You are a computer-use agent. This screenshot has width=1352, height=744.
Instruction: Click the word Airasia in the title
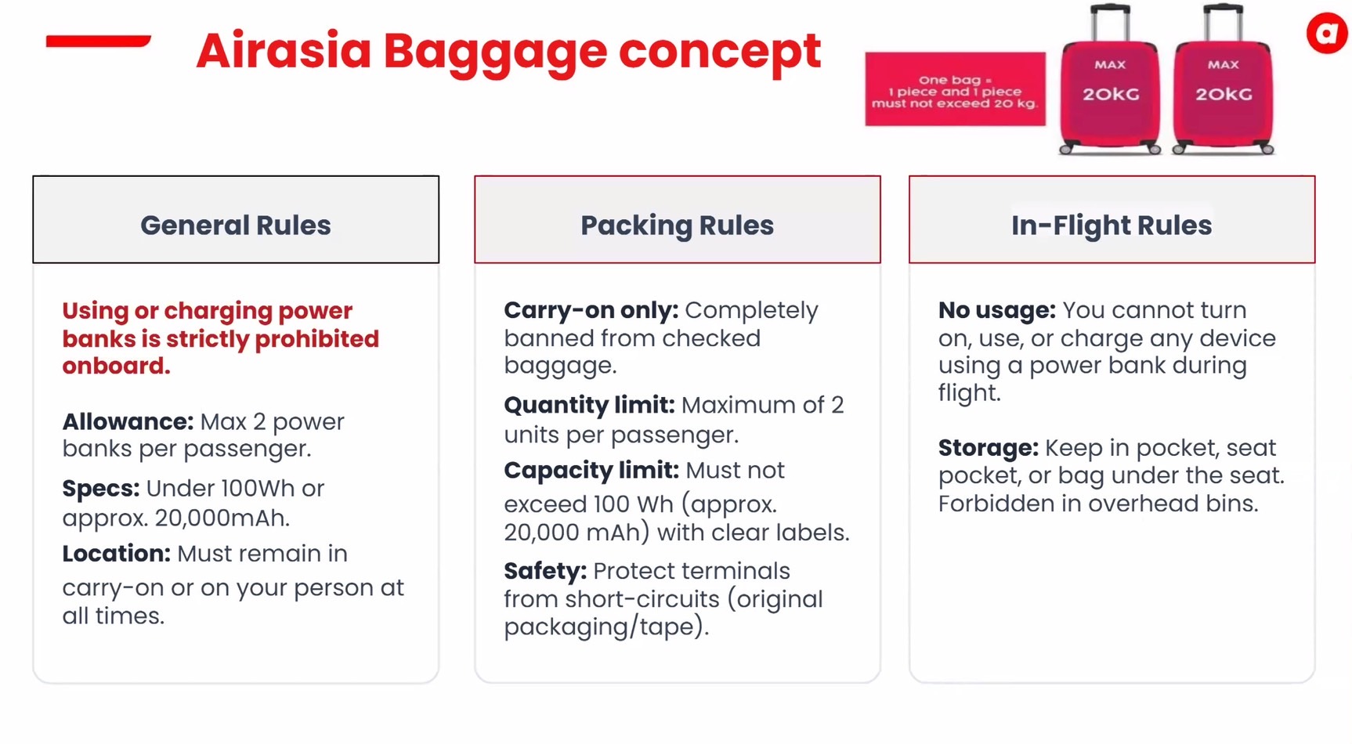coord(284,50)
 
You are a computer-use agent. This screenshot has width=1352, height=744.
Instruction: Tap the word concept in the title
coord(720,51)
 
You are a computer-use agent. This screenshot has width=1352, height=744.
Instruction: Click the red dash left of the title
coord(98,41)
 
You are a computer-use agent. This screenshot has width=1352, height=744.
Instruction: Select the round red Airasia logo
coord(1328,33)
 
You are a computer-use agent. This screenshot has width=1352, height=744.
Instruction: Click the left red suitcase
coord(1110,94)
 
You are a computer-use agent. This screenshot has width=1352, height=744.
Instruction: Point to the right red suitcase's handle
coord(1223,22)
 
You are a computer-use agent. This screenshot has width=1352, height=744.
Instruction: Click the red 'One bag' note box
coord(955,89)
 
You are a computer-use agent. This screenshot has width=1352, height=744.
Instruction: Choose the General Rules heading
coord(236,226)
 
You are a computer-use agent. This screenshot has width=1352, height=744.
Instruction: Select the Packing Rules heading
coord(677,226)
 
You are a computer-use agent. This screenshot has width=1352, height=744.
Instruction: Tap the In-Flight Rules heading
coord(1112,226)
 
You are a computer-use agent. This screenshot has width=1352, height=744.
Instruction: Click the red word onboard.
coord(116,366)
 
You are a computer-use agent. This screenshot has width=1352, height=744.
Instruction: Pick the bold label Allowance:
coord(128,421)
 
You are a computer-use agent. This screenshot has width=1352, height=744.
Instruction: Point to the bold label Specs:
coord(101,489)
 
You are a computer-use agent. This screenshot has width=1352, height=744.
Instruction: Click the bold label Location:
coord(117,554)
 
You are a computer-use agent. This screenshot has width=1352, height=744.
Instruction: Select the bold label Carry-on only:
coord(591,311)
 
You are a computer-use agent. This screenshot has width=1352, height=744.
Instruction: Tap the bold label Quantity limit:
coord(589,406)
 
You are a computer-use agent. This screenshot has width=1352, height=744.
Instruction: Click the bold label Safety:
coord(545,571)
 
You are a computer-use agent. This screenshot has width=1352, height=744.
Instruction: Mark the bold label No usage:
coord(997,311)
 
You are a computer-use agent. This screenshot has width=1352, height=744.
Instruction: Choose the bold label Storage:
coord(989,448)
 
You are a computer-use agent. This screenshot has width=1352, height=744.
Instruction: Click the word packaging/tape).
coord(606,627)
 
